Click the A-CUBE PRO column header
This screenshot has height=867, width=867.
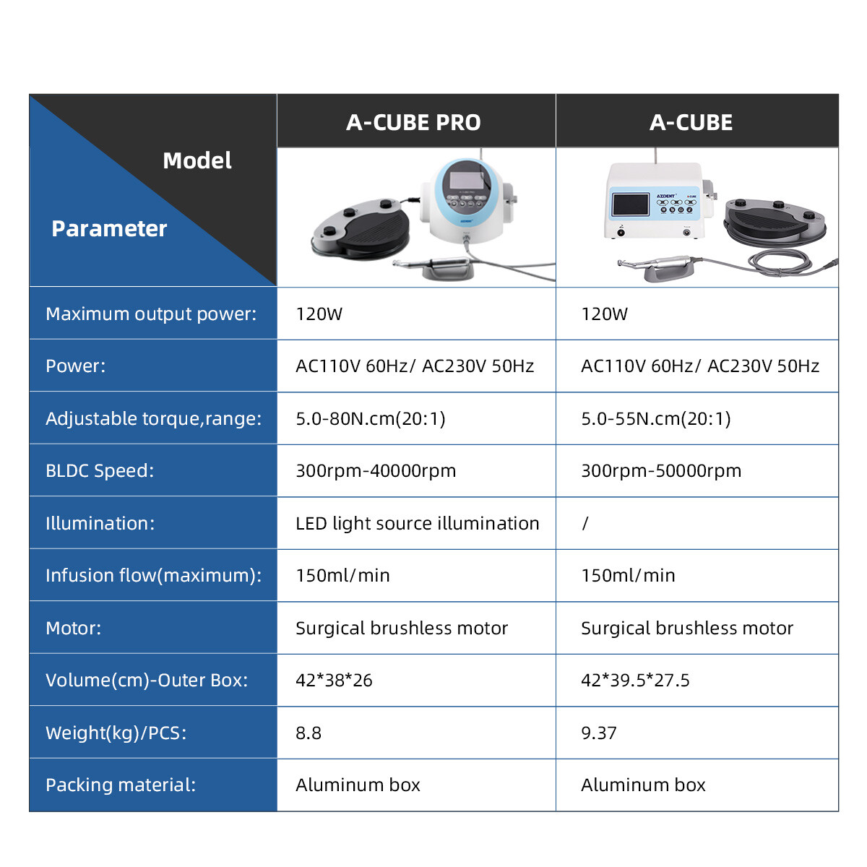[413, 122]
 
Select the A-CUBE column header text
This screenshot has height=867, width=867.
[691, 122]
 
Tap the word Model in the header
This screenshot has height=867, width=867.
[197, 160]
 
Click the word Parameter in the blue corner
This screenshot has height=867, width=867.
[109, 228]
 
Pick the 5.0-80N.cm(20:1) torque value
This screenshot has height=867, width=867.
[371, 418]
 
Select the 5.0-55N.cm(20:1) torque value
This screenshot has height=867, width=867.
[655, 418]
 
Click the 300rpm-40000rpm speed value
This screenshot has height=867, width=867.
[376, 470]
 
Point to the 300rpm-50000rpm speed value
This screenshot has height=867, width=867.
[661, 470]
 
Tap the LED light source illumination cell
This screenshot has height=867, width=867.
[417, 523]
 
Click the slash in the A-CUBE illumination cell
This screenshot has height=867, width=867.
[585, 523]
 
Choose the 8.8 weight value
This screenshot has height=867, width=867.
[309, 733]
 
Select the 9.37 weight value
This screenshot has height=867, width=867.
[598, 733]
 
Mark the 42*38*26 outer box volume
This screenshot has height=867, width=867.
[334, 681]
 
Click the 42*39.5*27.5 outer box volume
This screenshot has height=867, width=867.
[635, 681]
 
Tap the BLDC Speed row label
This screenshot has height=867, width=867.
[100, 470]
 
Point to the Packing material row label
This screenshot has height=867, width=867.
[121, 785]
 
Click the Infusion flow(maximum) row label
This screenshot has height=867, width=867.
[153, 575]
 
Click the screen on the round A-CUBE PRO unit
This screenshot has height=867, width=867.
[466, 180]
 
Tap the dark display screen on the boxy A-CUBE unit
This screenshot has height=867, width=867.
[631, 204]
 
